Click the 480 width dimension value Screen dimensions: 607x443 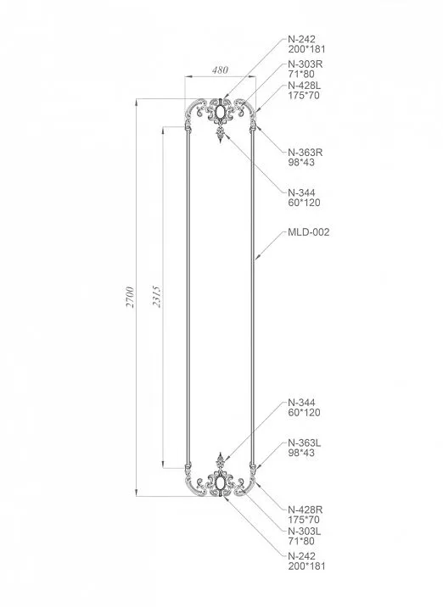click(x=219, y=70)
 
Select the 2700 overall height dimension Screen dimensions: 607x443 click(x=130, y=298)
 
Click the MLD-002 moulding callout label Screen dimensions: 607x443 click(x=309, y=231)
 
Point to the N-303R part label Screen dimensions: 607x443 click(x=306, y=64)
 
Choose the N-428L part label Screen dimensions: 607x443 click(x=306, y=86)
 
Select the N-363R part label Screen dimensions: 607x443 click(x=306, y=152)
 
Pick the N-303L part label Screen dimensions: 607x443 click(x=305, y=532)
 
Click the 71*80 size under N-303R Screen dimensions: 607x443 click(x=300, y=75)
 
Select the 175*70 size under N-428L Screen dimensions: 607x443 click(x=303, y=97)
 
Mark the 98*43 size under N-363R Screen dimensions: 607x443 click(x=300, y=163)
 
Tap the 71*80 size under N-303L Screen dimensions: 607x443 click(x=300, y=543)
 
